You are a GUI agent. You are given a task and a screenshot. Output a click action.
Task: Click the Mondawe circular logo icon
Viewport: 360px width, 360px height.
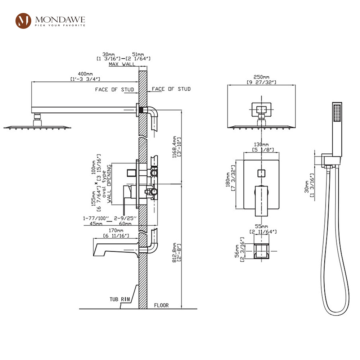(x=23, y=21)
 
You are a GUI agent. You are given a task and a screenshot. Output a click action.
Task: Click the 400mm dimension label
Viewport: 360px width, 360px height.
(x=85, y=74)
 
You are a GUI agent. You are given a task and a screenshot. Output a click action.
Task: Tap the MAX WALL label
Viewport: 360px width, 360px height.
(x=122, y=64)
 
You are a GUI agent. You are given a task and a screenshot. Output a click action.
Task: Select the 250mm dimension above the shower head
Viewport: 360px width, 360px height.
(x=261, y=77)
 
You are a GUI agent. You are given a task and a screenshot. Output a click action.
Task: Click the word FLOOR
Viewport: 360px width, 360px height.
(x=161, y=305)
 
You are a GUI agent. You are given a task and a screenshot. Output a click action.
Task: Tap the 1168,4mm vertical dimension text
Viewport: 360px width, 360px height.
(x=175, y=146)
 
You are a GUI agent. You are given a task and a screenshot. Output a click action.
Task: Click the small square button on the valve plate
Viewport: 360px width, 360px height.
(x=261, y=173)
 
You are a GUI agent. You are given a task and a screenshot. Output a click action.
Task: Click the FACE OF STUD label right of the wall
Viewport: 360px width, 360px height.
(x=171, y=89)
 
